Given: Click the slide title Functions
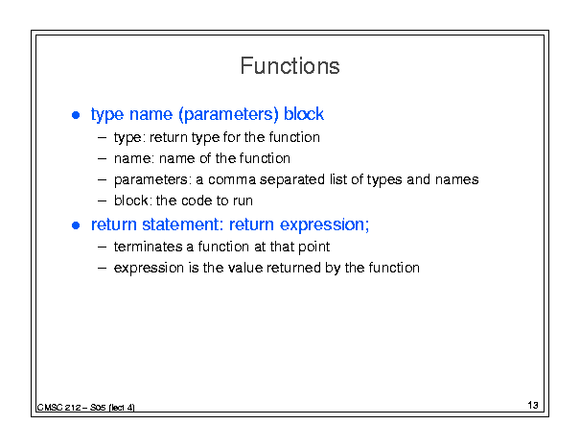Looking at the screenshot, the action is [x=290, y=66].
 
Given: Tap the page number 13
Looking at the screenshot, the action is [x=533, y=405].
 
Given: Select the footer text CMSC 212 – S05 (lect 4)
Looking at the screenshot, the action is [x=86, y=408].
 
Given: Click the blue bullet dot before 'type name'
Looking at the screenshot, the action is [x=76, y=115].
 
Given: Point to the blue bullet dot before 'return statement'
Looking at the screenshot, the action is [x=76, y=225].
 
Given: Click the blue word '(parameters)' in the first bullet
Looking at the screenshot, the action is [x=228, y=114].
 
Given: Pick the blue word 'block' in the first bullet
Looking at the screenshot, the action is [x=304, y=114].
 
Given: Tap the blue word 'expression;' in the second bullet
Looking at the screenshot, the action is [x=324, y=225].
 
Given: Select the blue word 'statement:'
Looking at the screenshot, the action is [x=183, y=224].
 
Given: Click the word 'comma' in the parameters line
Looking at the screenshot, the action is [x=232, y=180].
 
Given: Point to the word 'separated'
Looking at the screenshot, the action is [x=292, y=180].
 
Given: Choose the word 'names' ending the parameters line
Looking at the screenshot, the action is [x=457, y=180].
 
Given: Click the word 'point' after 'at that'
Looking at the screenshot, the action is [x=314, y=248].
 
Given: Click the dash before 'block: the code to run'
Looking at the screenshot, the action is [x=102, y=201].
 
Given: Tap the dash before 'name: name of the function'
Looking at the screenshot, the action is [x=102, y=159].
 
